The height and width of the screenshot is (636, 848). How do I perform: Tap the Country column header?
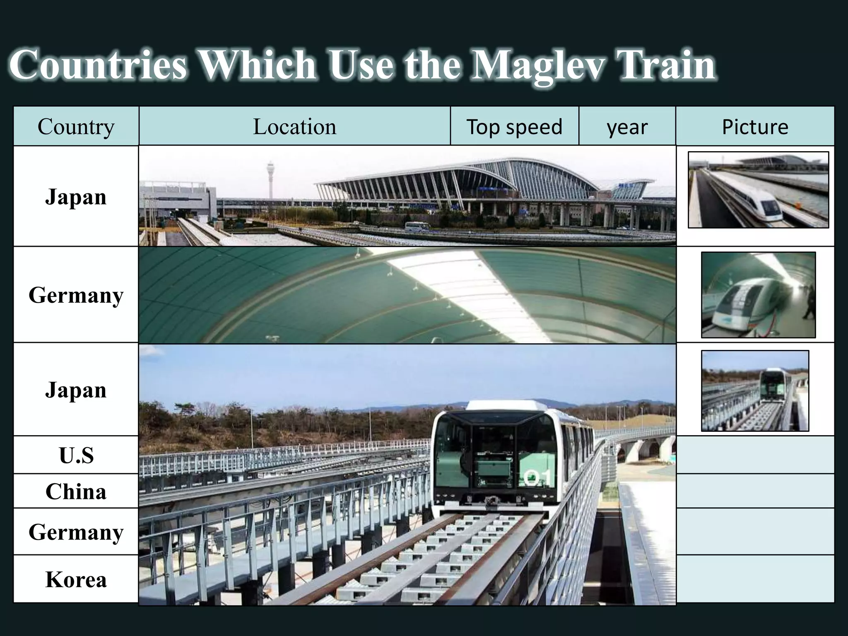coord(76,126)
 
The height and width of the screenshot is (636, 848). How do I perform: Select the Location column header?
coord(294,126)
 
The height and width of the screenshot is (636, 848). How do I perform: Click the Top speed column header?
coord(514,126)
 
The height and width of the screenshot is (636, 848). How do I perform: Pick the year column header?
coord(627,127)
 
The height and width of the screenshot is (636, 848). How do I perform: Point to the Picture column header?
coord(755,126)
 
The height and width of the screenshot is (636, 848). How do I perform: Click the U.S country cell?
coord(76,455)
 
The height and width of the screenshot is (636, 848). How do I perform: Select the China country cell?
coord(76,491)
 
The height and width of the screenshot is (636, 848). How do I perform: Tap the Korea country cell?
coord(76,579)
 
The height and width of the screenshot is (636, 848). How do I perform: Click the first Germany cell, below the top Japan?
coord(76,295)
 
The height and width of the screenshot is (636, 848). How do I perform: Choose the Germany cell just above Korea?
coord(76,532)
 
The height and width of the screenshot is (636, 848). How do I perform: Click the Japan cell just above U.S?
coord(76,390)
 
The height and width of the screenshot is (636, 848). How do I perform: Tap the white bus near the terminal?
coord(417,226)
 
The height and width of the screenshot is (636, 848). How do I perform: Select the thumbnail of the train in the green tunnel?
coord(758,295)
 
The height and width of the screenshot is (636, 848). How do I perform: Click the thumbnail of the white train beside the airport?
coord(758,190)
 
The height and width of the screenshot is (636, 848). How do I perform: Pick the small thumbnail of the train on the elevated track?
coord(755,391)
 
